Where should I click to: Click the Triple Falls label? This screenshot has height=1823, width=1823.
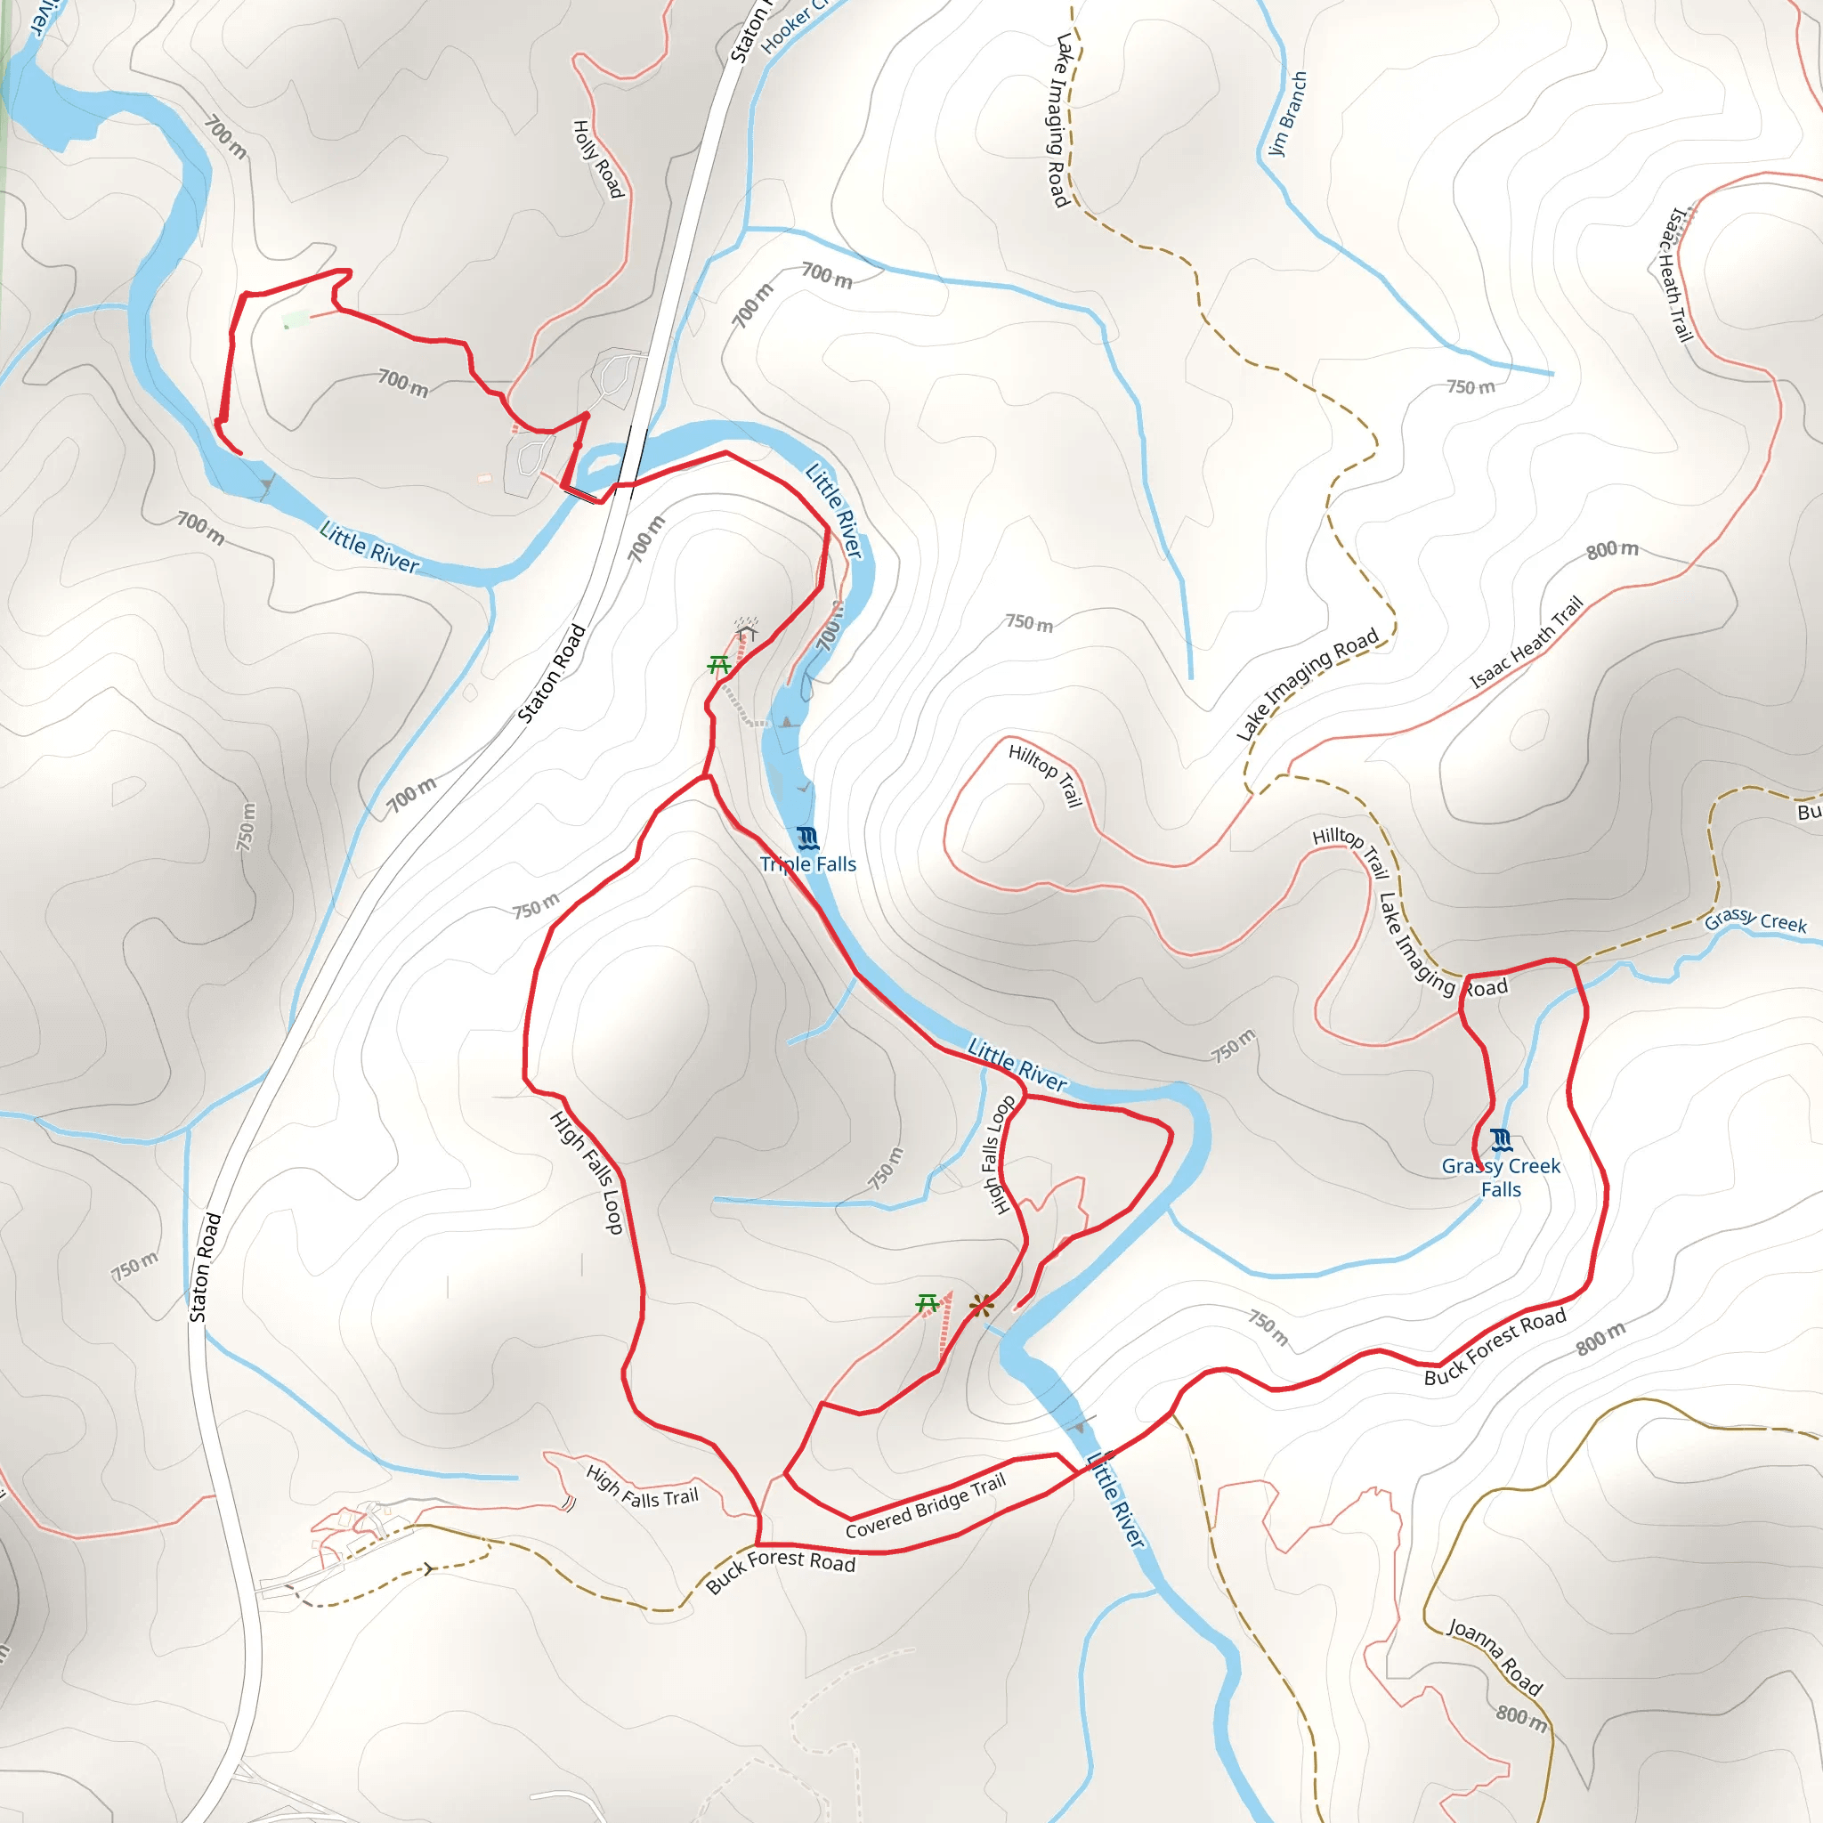pos(807,863)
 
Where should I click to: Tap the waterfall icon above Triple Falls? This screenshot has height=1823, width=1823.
pos(806,837)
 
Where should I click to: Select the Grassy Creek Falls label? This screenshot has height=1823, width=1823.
pos(1500,1178)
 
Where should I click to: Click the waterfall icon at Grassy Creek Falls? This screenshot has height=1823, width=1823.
pos(1502,1141)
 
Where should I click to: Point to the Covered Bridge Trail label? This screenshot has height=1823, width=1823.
pos(926,1506)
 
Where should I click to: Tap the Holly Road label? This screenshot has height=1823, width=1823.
pos(598,158)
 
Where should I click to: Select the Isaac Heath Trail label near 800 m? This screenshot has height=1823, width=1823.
pos(1526,643)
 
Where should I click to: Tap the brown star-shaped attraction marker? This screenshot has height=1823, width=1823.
pos(981,1306)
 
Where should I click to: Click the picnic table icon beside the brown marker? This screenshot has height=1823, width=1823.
pos(928,1304)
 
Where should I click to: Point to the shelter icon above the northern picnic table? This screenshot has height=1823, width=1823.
pos(748,629)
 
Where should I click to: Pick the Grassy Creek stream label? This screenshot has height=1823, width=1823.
pos(1755,921)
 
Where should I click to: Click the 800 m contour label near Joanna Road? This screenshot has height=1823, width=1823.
pos(1521,1718)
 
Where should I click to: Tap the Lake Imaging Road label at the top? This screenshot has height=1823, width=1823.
pos(1062,120)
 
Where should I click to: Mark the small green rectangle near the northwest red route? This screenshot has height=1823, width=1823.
pos(296,320)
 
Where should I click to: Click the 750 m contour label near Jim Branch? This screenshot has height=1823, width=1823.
pos(1471,387)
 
